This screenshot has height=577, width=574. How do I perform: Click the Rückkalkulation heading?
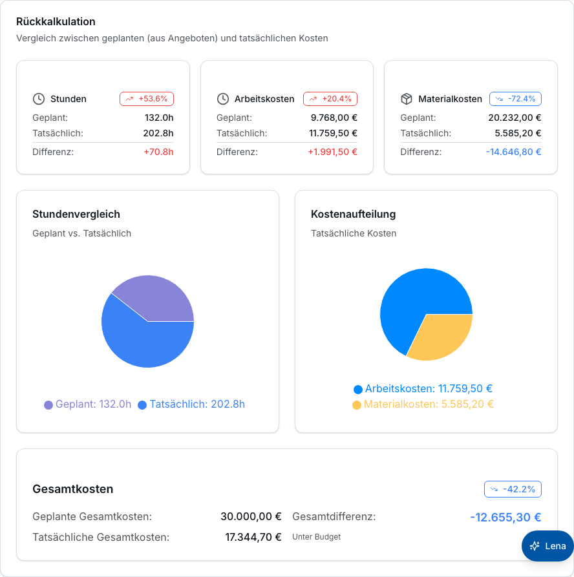pyautogui.click(x=56, y=22)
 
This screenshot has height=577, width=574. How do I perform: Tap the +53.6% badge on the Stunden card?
pyautogui.click(x=147, y=99)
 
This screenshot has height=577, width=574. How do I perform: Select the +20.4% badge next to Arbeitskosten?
pyautogui.click(x=330, y=99)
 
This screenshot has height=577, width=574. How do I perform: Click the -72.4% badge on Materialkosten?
pyautogui.click(x=515, y=99)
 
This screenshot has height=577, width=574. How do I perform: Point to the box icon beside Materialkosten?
pyautogui.click(x=406, y=99)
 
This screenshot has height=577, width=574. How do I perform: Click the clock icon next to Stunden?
pyautogui.click(x=39, y=99)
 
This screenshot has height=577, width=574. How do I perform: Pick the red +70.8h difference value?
pyautogui.click(x=158, y=152)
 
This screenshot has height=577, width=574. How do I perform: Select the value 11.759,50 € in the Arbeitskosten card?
pyautogui.click(x=333, y=133)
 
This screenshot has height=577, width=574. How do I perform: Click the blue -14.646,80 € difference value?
pyautogui.click(x=514, y=152)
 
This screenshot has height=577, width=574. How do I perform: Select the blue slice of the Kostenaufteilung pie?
pyautogui.click(x=412, y=302)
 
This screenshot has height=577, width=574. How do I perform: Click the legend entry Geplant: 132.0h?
pyautogui.click(x=88, y=404)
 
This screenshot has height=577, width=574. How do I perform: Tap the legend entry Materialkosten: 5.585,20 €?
pyautogui.click(x=423, y=404)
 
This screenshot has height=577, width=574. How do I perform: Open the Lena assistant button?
pyautogui.click(x=547, y=546)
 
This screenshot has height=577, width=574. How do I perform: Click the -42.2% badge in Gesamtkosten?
pyautogui.click(x=513, y=489)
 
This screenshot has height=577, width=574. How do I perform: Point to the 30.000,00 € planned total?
pyautogui.click(x=251, y=517)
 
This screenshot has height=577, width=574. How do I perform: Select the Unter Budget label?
pyautogui.click(x=316, y=537)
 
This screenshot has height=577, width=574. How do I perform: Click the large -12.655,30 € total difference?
pyautogui.click(x=505, y=518)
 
